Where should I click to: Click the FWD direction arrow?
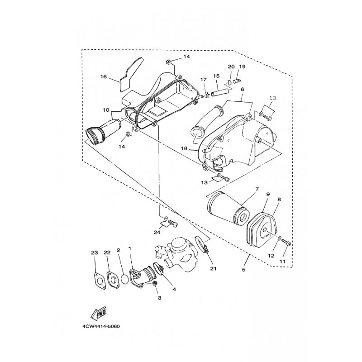99,313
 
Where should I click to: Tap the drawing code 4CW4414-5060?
101,327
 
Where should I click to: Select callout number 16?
104,76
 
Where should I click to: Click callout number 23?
95,252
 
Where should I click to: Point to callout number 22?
107,252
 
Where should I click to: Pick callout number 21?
213,268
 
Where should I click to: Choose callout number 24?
157,233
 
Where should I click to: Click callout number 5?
243,269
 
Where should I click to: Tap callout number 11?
282,262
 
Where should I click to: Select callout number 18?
184,148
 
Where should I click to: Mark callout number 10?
106,110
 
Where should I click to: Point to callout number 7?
257,189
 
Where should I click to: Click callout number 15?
216,76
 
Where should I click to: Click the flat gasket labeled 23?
100,281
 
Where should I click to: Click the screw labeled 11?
286,242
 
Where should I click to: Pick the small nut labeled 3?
155,283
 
